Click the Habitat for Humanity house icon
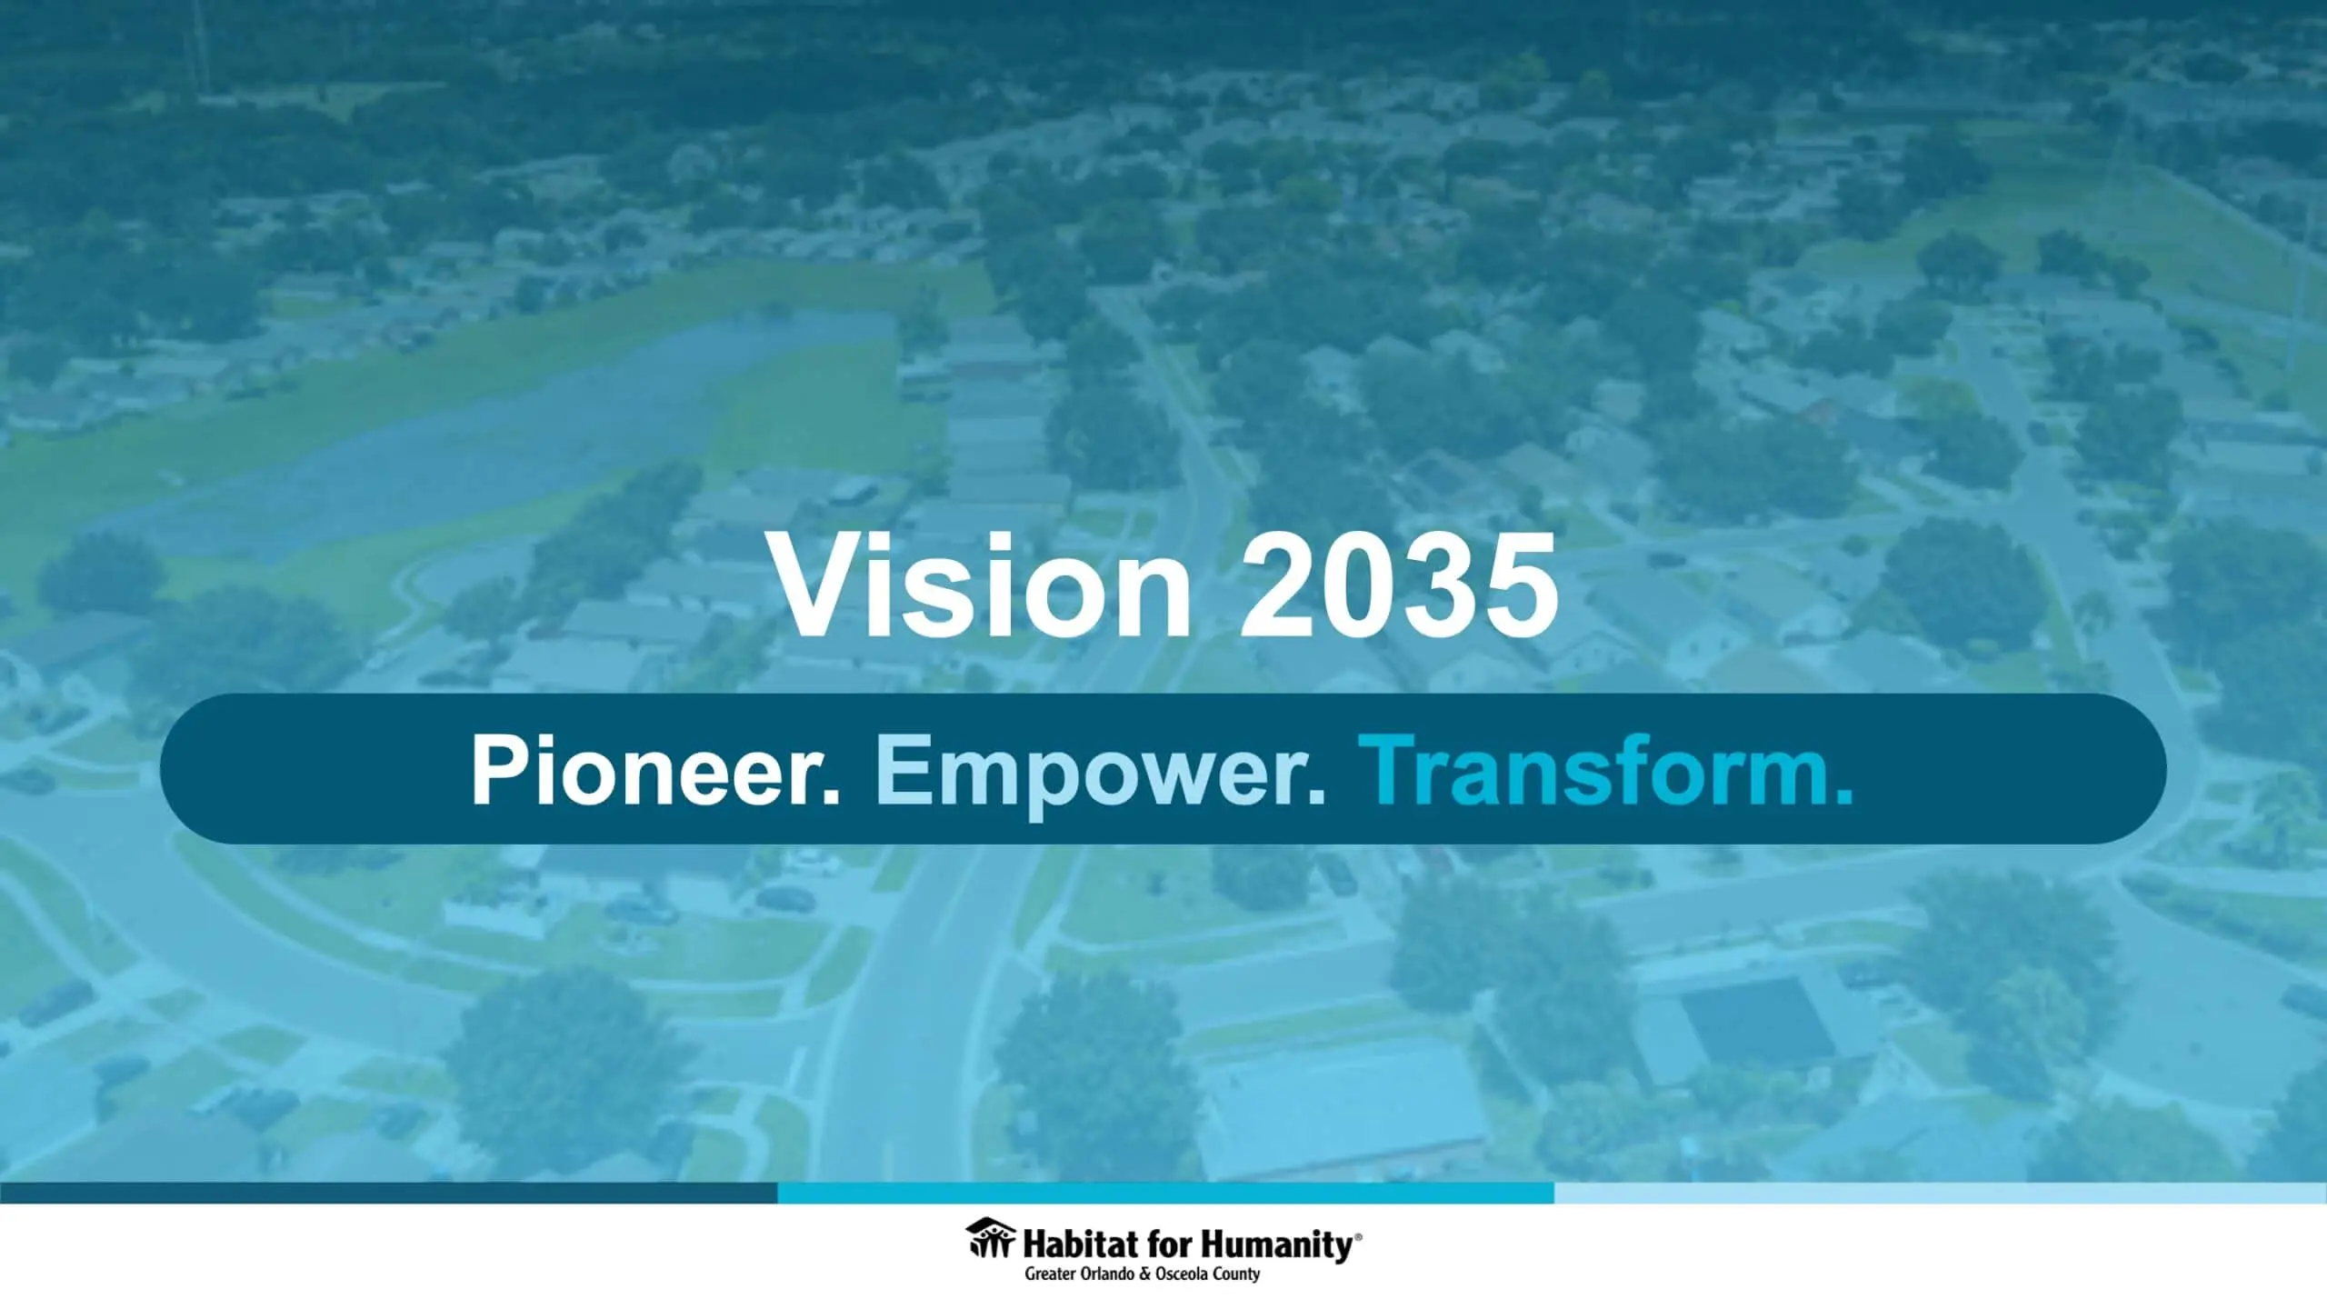point(991,1238)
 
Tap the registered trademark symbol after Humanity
point(1359,1235)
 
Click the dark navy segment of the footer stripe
point(388,1193)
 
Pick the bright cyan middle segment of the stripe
point(1165,1193)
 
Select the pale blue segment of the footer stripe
point(1941,1193)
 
